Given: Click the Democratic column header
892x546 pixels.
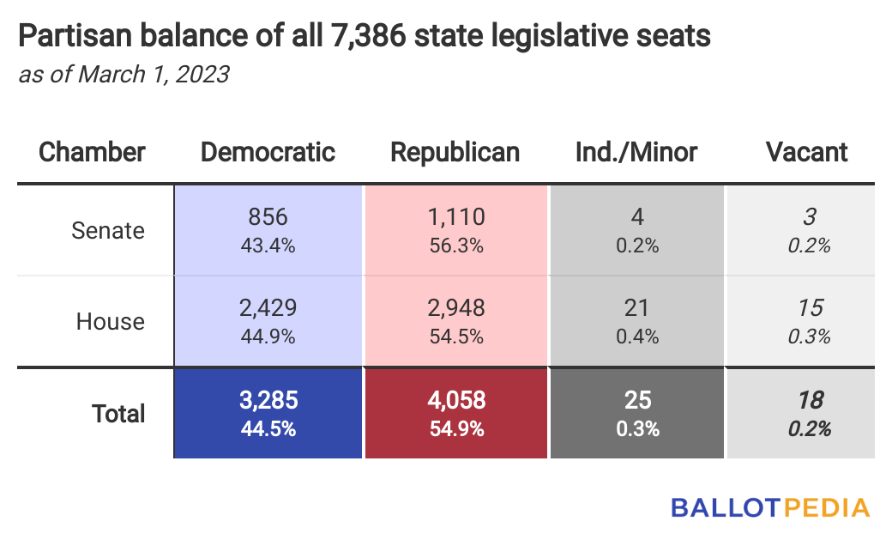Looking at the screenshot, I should pos(268,152).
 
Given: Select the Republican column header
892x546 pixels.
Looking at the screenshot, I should pos(455,152).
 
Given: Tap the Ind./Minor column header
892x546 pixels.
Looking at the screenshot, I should pos(636,152).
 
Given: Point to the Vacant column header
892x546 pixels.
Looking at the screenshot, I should pos(806,152).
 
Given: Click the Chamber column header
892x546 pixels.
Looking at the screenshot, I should pos(93,152).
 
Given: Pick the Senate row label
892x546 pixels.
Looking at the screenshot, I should pos(108,230).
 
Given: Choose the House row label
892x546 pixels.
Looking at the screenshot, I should pos(111,321).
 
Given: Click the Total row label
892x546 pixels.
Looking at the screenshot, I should pos(118,413).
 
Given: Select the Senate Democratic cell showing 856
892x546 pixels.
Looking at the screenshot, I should pos(268,230).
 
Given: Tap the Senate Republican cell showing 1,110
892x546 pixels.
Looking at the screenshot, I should pos(455,230).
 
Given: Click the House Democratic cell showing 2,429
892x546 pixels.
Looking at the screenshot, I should pos(268,321).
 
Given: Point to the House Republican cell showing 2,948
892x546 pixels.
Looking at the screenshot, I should pos(455,321).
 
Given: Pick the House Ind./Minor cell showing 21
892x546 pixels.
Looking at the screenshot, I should pos(637,321).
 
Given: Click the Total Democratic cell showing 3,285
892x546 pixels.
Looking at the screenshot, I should pos(268,413).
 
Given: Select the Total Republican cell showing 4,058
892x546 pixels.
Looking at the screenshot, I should pos(455,413).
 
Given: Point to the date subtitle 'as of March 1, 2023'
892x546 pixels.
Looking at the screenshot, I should pos(124,75).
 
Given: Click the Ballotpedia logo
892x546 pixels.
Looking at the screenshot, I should pos(769,507).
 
